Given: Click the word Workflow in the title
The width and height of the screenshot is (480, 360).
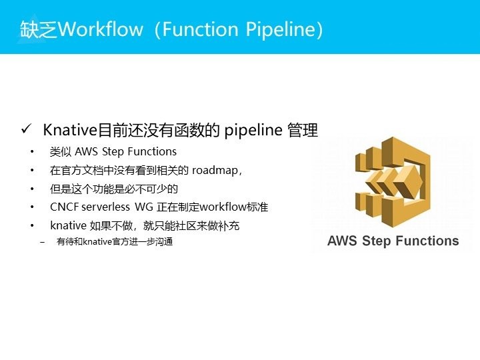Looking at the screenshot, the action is (x=101, y=29).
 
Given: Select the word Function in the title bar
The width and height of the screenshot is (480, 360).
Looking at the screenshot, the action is (x=200, y=29).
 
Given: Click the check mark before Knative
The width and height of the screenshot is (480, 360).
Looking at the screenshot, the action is (x=26, y=129).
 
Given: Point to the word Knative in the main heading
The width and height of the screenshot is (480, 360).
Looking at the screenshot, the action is (x=70, y=130).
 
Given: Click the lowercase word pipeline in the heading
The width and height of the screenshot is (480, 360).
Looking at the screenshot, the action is (x=253, y=131).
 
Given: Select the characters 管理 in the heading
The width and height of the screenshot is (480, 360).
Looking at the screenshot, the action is (x=303, y=130).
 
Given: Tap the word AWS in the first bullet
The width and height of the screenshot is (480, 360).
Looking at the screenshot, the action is (x=86, y=151).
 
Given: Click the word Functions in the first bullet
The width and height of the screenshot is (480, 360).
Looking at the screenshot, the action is (x=152, y=151).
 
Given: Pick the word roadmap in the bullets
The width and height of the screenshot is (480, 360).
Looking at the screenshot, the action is (x=215, y=170).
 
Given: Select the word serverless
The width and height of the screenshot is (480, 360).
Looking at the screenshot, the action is (x=106, y=207).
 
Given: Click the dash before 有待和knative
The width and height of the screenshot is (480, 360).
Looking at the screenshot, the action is (x=42, y=242).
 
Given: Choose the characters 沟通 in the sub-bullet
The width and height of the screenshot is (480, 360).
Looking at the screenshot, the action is (x=164, y=242).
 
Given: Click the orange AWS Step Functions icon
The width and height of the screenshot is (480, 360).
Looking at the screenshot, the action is (x=393, y=182).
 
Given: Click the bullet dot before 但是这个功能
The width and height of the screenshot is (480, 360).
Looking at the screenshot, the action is (x=32, y=189).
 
